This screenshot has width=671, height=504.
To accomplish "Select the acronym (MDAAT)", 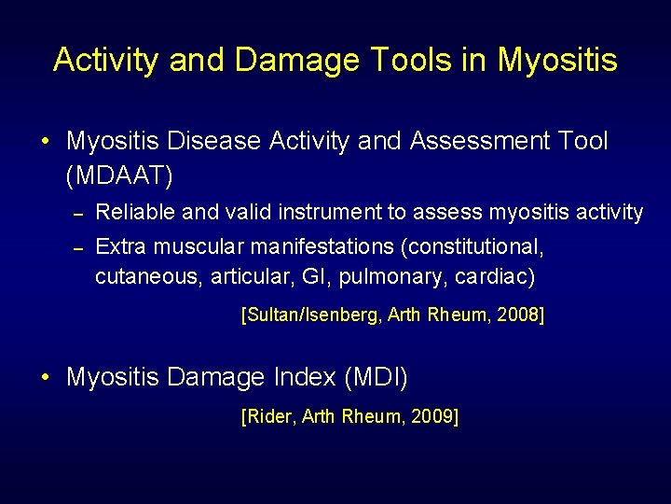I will click(x=120, y=175).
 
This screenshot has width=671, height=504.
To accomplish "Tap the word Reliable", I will click(x=136, y=213).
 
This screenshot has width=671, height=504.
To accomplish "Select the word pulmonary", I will click(x=391, y=278).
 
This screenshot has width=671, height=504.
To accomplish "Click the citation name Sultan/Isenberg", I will click(x=310, y=315).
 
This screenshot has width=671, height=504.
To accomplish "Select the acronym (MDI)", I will click(x=377, y=378).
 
